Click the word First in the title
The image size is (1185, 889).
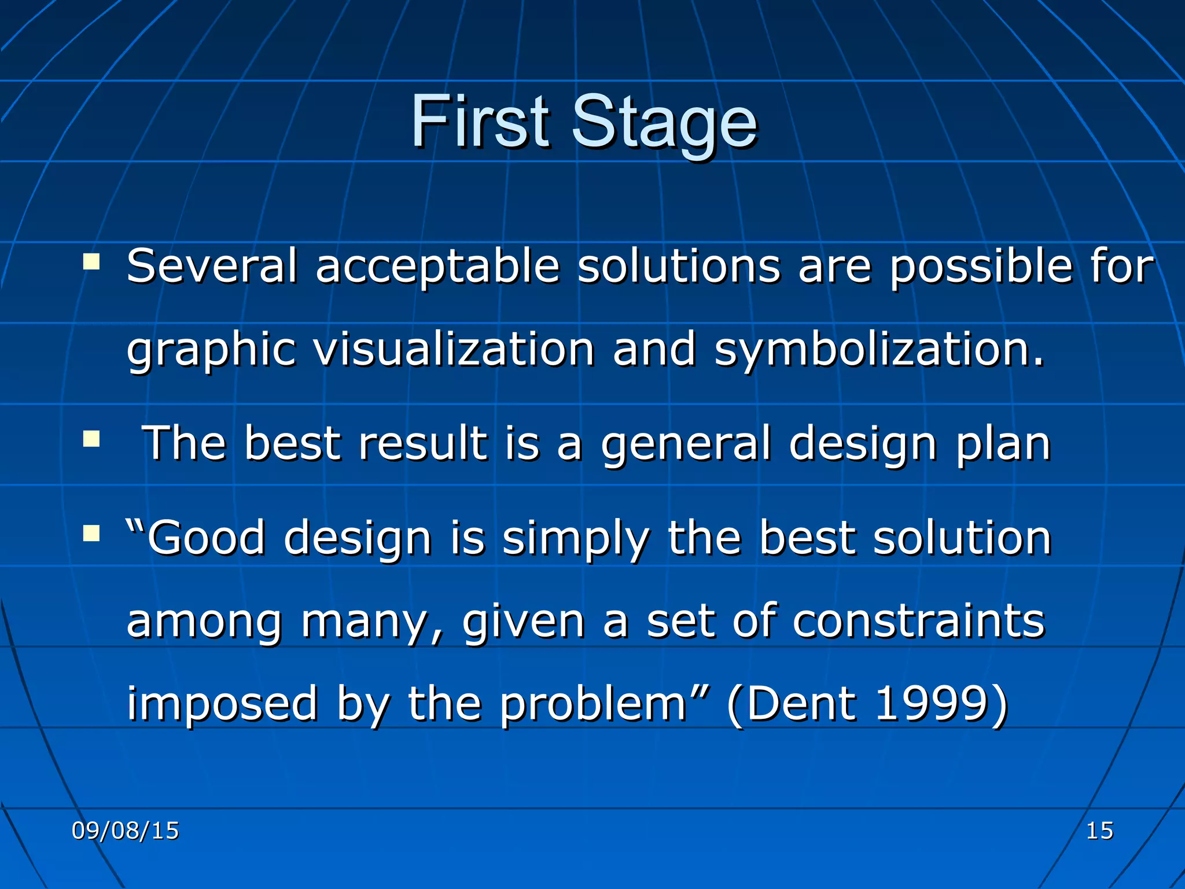tap(480, 122)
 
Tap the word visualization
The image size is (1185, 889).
tap(454, 350)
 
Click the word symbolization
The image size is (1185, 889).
tap(879, 350)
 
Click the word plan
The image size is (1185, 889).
tap(1003, 444)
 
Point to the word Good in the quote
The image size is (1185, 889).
tap(205, 538)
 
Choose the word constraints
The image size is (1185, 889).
tap(918, 621)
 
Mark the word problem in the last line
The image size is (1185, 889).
tap(593, 705)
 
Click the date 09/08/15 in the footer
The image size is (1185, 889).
tap(125, 831)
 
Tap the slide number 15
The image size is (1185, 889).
tap(1099, 831)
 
